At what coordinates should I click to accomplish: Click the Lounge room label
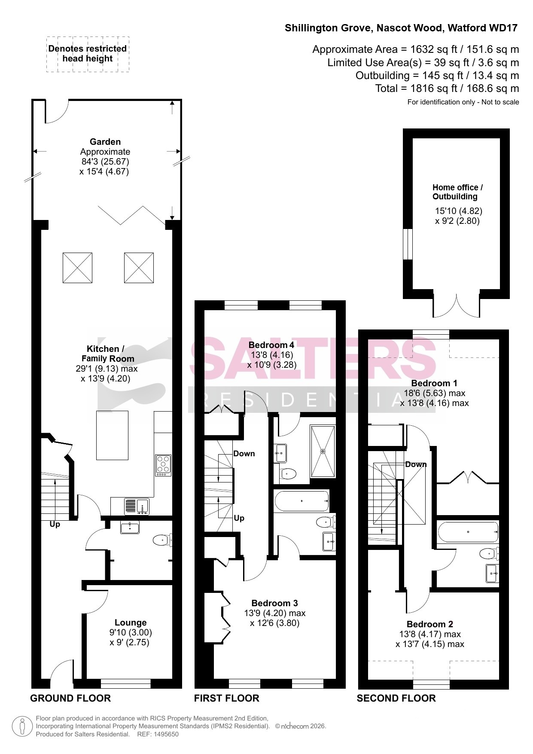click(131, 623)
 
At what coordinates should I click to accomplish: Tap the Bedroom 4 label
click(271, 345)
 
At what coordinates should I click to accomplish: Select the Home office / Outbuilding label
click(457, 192)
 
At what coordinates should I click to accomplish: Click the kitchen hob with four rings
click(163, 465)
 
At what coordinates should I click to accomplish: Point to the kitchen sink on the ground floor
click(137, 507)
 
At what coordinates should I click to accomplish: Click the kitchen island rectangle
click(112, 436)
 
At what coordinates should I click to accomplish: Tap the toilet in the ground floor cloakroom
click(163, 540)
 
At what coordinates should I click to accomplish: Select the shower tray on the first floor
click(323, 451)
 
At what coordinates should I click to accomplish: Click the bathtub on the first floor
click(302, 501)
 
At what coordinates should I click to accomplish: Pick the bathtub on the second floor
click(468, 532)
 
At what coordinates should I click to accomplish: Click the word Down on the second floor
click(416, 464)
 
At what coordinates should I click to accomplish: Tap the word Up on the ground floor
click(55, 524)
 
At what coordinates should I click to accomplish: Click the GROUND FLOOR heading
click(70, 698)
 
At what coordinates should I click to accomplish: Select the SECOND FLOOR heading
click(396, 698)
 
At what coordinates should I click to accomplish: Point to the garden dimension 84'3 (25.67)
click(105, 162)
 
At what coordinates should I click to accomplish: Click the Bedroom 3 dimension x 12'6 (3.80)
click(275, 623)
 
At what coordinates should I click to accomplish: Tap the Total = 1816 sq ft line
click(447, 89)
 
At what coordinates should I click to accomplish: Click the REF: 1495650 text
click(158, 734)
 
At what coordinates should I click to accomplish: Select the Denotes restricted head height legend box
click(88, 54)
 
